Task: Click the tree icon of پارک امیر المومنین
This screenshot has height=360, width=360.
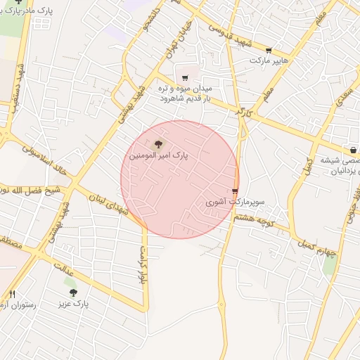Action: [156, 143]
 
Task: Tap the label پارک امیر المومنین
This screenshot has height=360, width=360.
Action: [160, 153]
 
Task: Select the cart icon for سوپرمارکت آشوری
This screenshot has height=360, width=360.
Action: [235, 191]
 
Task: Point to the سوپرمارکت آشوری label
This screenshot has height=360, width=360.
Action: [235, 202]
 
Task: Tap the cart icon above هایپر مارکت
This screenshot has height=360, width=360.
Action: [269, 50]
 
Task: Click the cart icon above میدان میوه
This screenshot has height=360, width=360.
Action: [184, 78]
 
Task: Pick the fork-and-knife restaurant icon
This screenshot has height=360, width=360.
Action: [12, 295]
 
